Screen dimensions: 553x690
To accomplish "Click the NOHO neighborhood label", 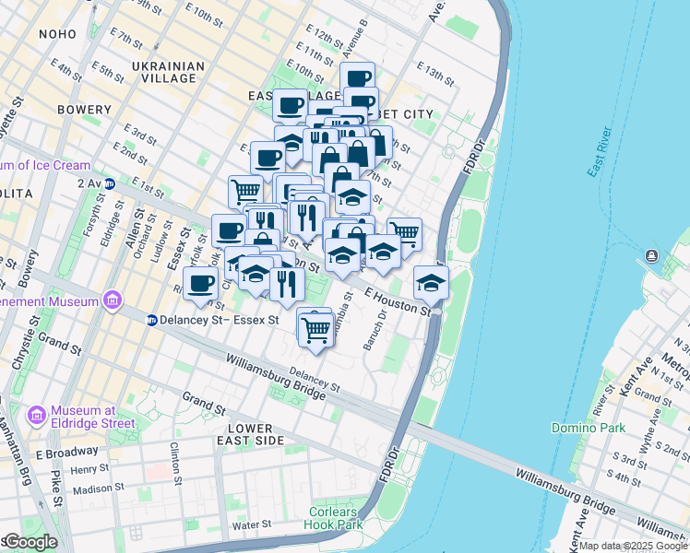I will pos(59,34).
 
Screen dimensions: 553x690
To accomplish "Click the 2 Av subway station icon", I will pos(109,183).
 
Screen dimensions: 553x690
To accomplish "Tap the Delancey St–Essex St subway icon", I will pos(151,320).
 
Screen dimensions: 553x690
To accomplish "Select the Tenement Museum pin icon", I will pos(113,300).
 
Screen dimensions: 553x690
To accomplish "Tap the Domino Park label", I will pos(589,428).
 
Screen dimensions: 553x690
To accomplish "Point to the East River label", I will pos(599,153).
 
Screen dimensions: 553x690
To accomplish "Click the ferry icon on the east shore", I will pos(653,255).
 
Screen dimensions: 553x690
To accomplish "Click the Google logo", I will pos(30,542).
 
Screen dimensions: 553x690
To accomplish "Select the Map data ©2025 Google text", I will pos(633,546).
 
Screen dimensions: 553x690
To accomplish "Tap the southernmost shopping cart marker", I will pos(316,327).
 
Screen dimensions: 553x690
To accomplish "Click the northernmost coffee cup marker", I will pos(357,78).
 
